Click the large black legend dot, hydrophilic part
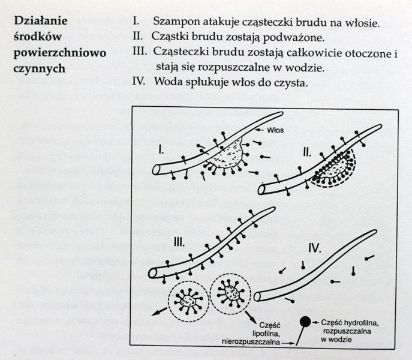305,323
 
